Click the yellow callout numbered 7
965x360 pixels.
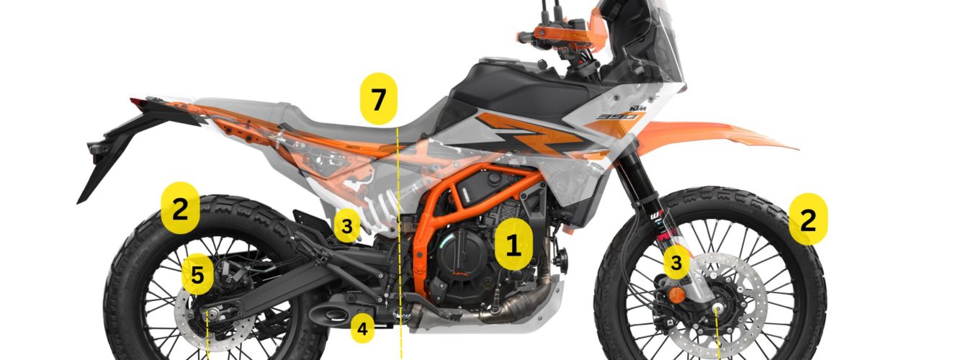pyautogui.click(x=378, y=99)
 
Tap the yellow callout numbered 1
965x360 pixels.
pyautogui.click(x=513, y=245)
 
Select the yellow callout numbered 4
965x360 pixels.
pyautogui.click(x=362, y=328)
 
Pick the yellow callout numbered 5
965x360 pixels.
pyautogui.click(x=197, y=275)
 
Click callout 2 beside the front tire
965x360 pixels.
pyautogui.click(x=808, y=219)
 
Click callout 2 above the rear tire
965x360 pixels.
pyautogui.click(x=180, y=208)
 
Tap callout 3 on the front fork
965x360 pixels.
pyautogui.click(x=676, y=262)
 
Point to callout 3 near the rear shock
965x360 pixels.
pyautogui.click(x=347, y=225)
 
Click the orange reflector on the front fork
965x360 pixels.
pyautogui.click(x=677, y=296)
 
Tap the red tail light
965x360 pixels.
pyautogui.click(x=138, y=103)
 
